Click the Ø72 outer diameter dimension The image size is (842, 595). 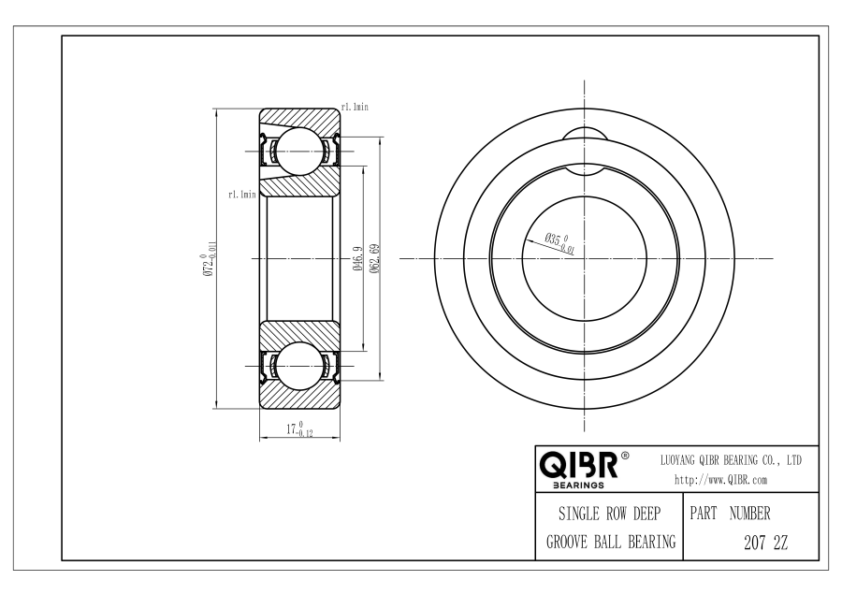point(210,258)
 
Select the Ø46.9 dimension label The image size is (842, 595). point(358,258)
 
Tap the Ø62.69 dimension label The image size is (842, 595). point(375,258)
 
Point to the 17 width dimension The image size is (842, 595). point(299,429)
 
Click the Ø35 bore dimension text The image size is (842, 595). point(560,242)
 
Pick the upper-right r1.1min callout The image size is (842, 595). point(355,107)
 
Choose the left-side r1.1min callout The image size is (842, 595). point(242,195)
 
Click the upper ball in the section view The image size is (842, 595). point(299,152)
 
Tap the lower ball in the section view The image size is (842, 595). point(299,366)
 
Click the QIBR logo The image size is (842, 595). point(578,465)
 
